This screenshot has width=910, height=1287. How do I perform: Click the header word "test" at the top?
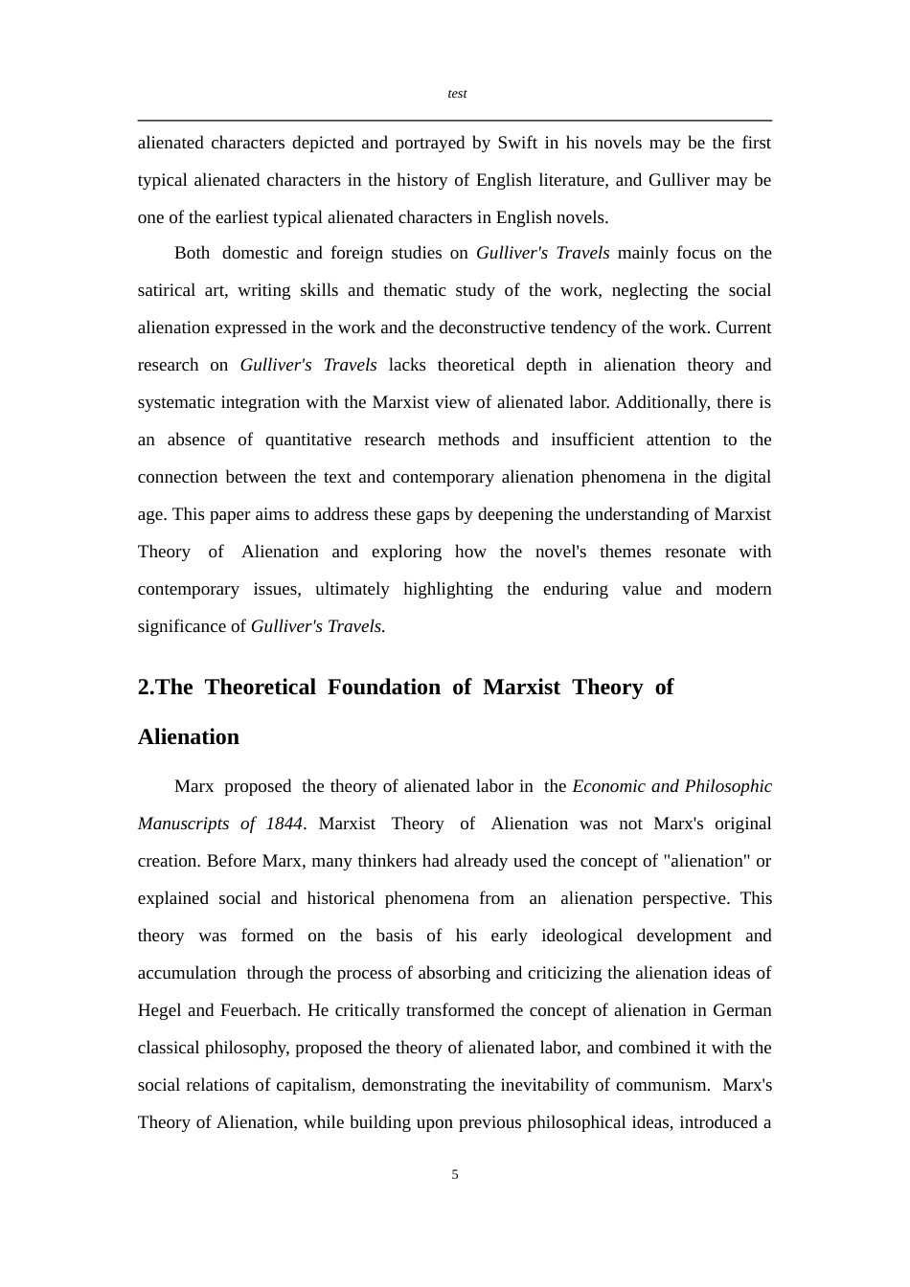pyautogui.click(x=457, y=94)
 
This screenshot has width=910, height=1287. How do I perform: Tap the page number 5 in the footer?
pyautogui.click(x=455, y=1175)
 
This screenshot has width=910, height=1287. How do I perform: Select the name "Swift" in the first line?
pyautogui.click(x=517, y=144)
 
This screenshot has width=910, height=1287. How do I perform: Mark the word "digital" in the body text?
pyautogui.click(x=746, y=478)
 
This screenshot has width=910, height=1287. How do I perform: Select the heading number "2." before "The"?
pyautogui.click(x=146, y=688)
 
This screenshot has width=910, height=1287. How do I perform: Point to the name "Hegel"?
pyautogui.click(x=158, y=1011)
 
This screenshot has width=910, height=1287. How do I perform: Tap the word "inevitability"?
pyautogui.click(x=524, y=1086)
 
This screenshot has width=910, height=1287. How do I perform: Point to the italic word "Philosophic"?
pyautogui.click(x=728, y=787)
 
